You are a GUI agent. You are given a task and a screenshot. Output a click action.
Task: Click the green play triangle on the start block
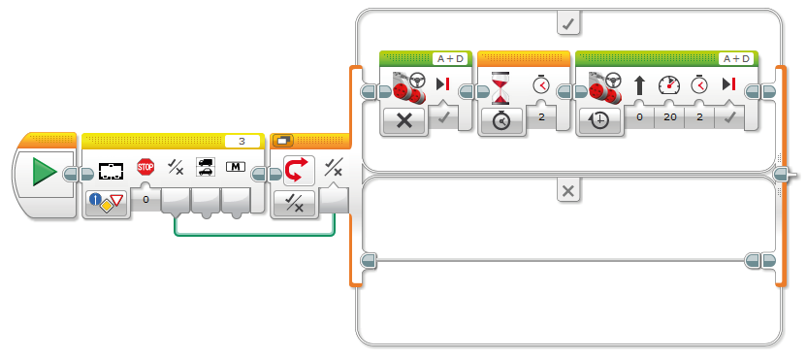[44, 172]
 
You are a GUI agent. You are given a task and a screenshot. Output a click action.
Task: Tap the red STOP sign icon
[145, 167]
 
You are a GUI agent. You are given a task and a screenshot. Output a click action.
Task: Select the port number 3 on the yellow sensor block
[242, 142]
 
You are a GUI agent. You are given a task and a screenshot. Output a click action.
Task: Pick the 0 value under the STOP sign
[145, 199]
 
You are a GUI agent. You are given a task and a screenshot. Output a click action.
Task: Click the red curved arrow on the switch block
[296, 170]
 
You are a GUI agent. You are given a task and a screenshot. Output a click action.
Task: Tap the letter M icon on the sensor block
[235, 167]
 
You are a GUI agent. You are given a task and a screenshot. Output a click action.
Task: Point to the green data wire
[255, 236]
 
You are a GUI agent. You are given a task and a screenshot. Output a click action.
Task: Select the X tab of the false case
[568, 191]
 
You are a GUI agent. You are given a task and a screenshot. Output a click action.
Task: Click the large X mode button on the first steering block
[404, 120]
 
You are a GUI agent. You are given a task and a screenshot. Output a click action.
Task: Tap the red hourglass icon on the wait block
[500, 88]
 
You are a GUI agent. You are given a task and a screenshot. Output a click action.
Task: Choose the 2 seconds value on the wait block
[541, 117]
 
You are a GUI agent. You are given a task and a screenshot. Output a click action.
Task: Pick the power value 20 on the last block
[669, 117]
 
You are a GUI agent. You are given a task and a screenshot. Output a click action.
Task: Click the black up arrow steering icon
[639, 85]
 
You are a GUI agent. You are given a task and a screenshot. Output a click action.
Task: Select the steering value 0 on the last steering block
[639, 117]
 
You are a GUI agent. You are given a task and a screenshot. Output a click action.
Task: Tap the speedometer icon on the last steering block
[669, 85]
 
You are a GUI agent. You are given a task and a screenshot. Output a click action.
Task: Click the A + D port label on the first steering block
[449, 59]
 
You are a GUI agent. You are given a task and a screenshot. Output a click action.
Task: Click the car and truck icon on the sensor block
[206, 167]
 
